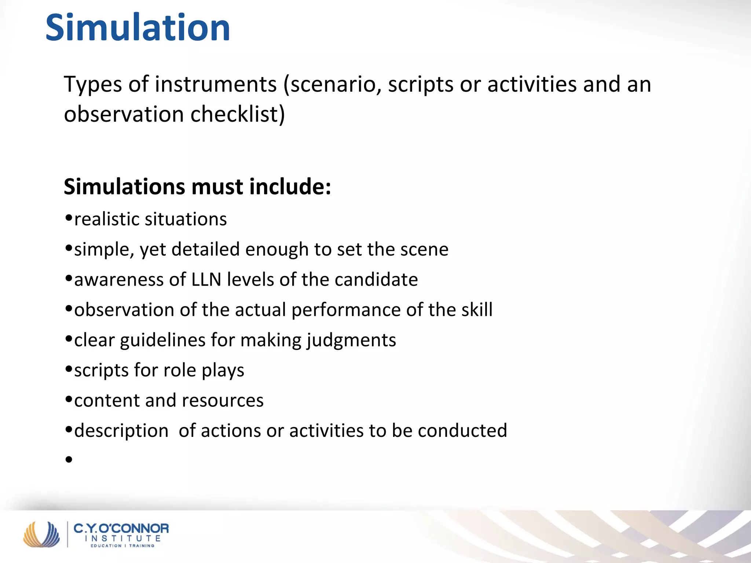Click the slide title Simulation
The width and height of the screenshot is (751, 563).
coord(138,28)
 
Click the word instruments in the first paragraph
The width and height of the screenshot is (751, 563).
coord(216,84)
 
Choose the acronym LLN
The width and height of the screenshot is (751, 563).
coord(206,280)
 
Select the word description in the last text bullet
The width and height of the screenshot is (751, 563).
coord(121,431)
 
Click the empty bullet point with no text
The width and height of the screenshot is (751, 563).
coord(69,459)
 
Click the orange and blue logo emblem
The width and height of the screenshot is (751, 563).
coord(41,534)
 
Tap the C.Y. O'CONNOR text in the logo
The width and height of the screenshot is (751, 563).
coord(121,529)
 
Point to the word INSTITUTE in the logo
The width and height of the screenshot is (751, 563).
coord(122,538)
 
